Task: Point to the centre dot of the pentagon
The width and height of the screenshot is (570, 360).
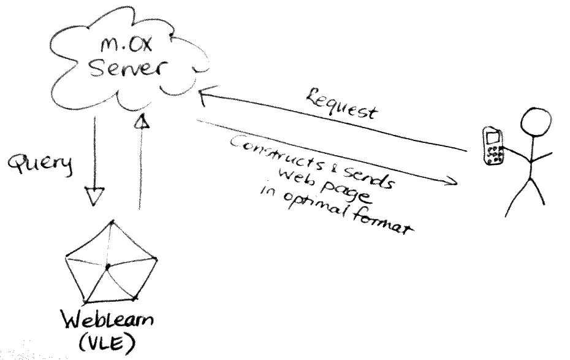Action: tap(107, 266)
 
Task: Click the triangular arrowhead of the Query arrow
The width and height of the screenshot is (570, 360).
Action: tap(95, 196)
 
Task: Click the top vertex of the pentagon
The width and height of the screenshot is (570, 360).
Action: tap(111, 221)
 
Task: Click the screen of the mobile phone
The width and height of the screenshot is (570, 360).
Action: tap(491, 136)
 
